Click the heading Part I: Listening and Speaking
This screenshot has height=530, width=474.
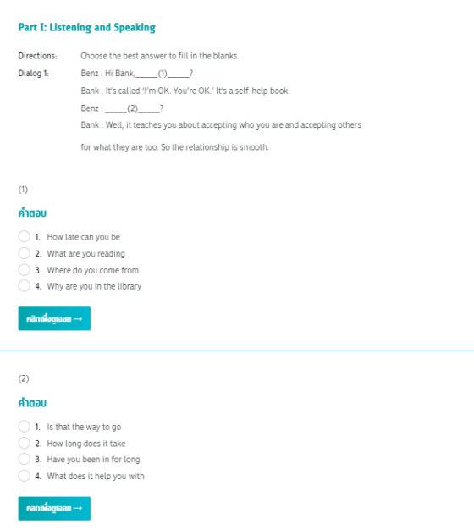pyautogui.click(x=86, y=28)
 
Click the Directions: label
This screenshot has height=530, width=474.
pyautogui.click(x=37, y=56)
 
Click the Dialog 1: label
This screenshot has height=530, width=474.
pyautogui.click(x=34, y=73)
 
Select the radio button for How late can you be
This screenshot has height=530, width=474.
pyautogui.click(x=25, y=237)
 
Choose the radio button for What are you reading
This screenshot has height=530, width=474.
pyautogui.click(x=25, y=253)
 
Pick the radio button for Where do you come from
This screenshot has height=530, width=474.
pyautogui.click(x=25, y=270)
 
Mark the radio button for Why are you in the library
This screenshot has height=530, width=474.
pyautogui.click(x=25, y=286)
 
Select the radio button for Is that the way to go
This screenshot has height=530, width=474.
pyautogui.click(x=25, y=427)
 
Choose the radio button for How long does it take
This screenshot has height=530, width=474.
pyautogui.click(x=25, y=443)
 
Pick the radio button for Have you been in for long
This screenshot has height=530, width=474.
pyautogui.click(x=25, y=460)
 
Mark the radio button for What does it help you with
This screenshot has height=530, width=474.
pyautogui.click(x=25, y=476)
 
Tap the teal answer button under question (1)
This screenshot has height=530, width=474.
pyautogui.click(x=54, y=318)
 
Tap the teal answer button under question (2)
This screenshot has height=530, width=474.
pyautogui.click(x=54, y=508)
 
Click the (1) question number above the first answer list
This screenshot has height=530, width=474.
pyautogui.click(x=24, y=189)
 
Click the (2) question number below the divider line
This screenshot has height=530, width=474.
pyautogui.click(x=24, y=378)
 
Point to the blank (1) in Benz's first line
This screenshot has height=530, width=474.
pyautogui.click(x=163, y=73)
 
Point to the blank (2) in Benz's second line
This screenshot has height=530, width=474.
pyautogui.click(x=131, y=108)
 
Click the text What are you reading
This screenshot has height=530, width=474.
pyautogui.click(x=85, y=254)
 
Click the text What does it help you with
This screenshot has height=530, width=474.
pyautogui.click(x=96, y=476)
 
